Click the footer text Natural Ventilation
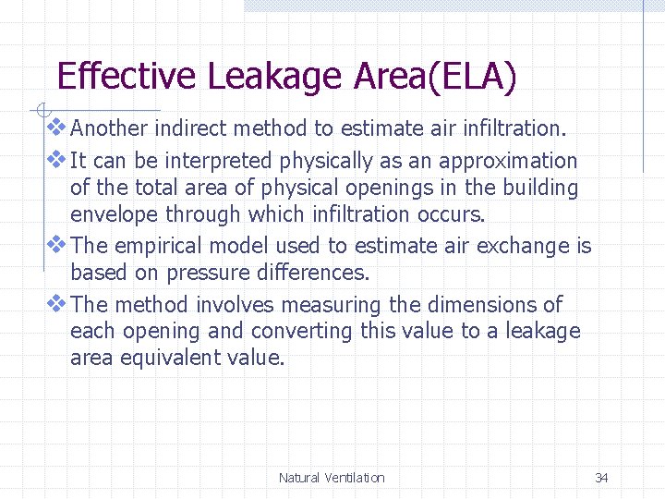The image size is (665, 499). click(x=332, y=478)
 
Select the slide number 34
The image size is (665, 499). click(x=601, y=478)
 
